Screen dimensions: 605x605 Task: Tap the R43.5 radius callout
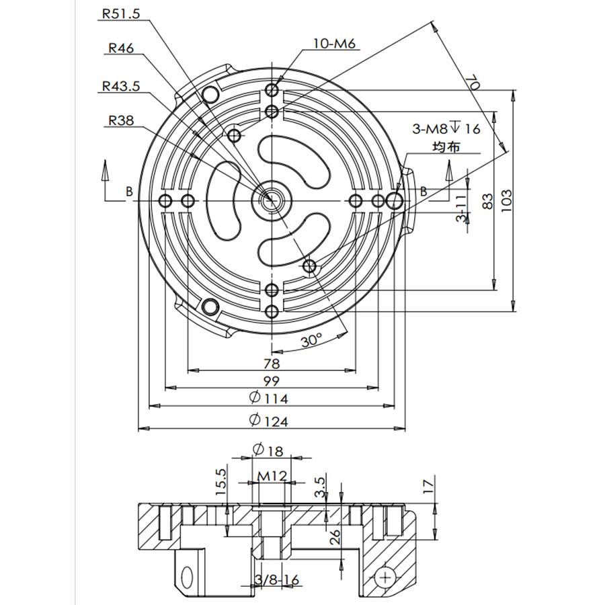[121, 86]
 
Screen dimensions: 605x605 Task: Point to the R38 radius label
[121, 121]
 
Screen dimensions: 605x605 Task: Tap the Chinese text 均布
[446, 147]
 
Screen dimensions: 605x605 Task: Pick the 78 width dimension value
[272, 363]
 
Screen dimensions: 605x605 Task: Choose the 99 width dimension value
[272, 380]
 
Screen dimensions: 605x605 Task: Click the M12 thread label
[273, 476]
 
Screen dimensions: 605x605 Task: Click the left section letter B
[128, 192]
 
